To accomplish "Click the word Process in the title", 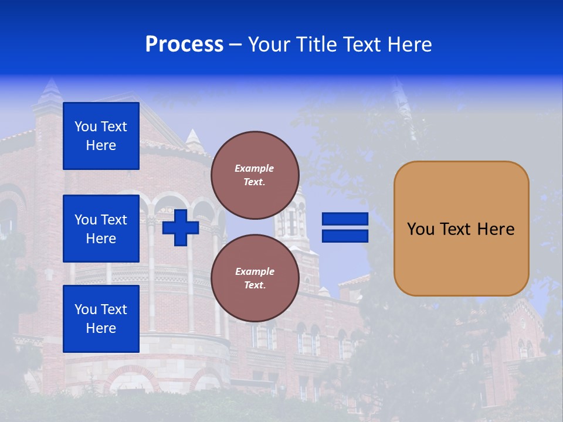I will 184,45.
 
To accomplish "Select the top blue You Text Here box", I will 101,136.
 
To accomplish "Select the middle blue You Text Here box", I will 101,229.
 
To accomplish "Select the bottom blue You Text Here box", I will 101,319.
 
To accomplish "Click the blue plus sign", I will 181,227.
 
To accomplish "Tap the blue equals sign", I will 345,227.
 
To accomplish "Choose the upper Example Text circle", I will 255,175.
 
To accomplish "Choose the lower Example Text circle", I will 255,278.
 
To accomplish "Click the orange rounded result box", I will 461,229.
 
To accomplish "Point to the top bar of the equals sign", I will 345,219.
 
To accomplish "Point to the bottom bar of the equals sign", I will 345,236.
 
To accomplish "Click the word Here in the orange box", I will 496,229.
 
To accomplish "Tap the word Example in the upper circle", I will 255,168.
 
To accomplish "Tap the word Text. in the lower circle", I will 255,285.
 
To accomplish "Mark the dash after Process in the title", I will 236,45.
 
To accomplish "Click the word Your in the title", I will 270,45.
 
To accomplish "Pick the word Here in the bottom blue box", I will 101,328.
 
